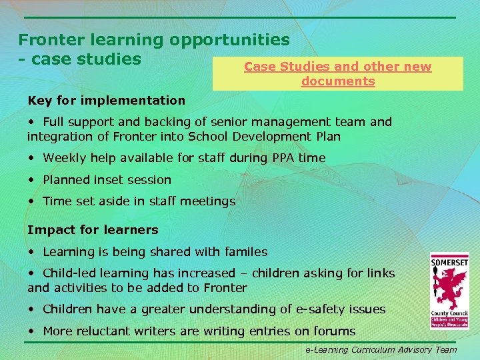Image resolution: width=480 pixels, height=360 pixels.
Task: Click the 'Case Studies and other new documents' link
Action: [x=337, y=74]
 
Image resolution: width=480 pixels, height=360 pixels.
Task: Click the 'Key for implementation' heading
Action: [x=107, y=101]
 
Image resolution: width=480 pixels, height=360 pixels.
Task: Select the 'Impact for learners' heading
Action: [x=93, y=230]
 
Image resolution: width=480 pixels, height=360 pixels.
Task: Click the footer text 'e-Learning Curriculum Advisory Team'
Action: [x=381, y=349]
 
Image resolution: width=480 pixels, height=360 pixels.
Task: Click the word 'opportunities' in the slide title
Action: [x=229, y=41]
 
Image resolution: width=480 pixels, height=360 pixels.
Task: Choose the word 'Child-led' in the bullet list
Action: [x=69, y=273]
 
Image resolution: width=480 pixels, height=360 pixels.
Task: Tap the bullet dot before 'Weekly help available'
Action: [x=32, y=158]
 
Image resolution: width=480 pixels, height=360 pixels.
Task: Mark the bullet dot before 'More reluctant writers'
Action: [x=32, y=331]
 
